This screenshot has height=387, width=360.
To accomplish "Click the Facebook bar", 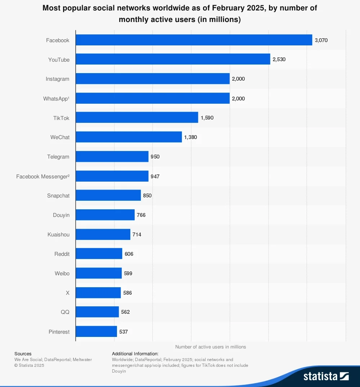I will (194, 40).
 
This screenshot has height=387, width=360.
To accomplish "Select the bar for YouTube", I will (173, 59).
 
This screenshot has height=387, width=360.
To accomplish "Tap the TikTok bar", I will (137, 117).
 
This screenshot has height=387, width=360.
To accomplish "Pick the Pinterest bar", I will (96, 332).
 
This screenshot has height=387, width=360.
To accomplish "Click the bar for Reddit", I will (99, 254).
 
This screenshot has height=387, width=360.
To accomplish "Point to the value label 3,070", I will (321, 40).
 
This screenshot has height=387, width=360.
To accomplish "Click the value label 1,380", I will (190, 137).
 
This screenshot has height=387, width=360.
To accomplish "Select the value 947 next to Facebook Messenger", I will (155, 176).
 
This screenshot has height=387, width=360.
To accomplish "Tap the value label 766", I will (141, 215).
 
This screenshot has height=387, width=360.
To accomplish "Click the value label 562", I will (125, 312).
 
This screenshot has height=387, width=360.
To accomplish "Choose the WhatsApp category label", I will (56, 98).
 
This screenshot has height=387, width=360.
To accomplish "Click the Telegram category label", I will (58, 157).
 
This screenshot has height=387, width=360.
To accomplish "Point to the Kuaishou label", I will (58, 235).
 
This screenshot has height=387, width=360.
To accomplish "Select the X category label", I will (67, 293).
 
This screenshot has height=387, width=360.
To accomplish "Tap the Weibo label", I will (62, 273).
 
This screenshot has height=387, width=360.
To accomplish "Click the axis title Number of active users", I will (211, 347).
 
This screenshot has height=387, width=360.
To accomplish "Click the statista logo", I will (326, 376).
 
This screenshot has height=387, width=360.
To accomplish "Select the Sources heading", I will (23, 354).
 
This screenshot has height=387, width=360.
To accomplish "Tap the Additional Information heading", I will (135, 354).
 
